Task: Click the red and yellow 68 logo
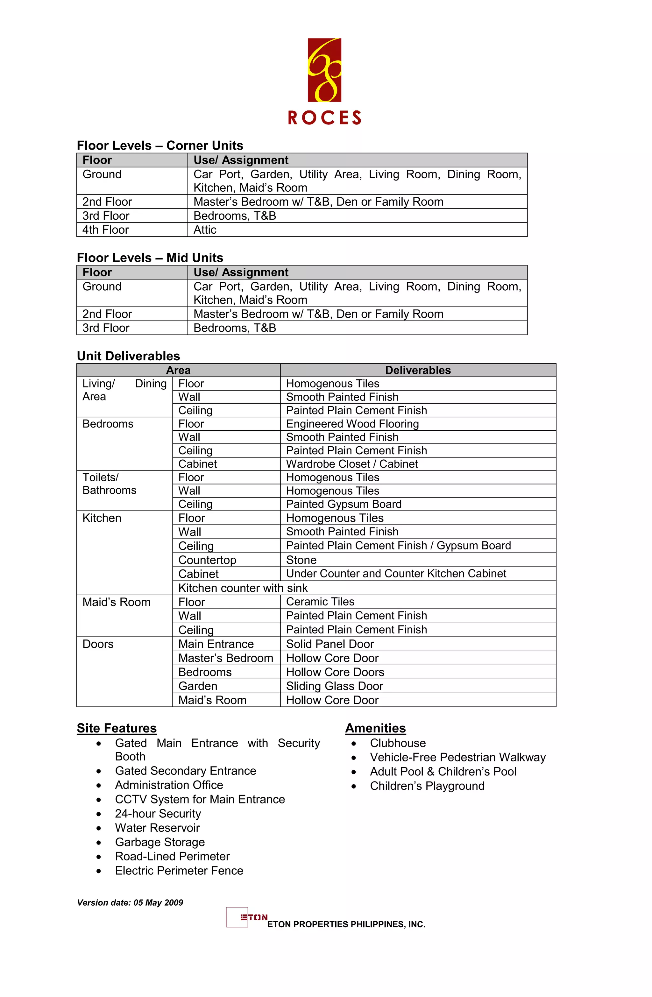[x=324, y=70]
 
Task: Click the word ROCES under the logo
[x=324, y=118]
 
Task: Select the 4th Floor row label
[x=106, y=230]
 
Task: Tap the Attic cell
[x=205, y=230]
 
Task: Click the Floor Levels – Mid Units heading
[x=150, y=258]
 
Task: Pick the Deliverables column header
[x=418, y=370]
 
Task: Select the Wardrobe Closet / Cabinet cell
[x=352, y=464]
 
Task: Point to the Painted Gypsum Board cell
[x=344, y=504]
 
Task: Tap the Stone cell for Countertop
[x=301, y=560]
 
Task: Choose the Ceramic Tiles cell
[x=320, y=602]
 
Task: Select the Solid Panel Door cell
[x=330, y=644]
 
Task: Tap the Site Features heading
[x=117, y=728]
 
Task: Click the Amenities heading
[x=375, y=728]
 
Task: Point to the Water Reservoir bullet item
[x=157, y=828]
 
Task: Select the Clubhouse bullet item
[x=398, y=743]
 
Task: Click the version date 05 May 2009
[x=130, y=903]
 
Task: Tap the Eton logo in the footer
[x=247, y=917]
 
